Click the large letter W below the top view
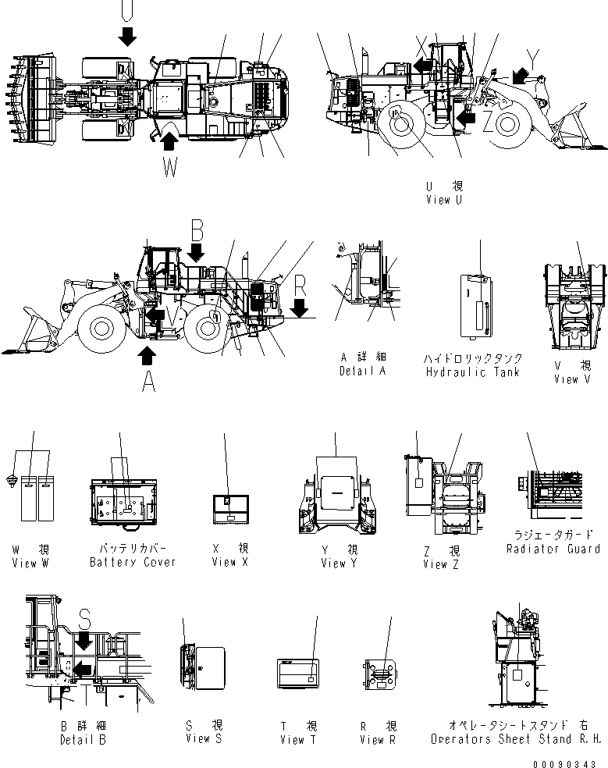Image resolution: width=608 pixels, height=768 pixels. tap(170, 166)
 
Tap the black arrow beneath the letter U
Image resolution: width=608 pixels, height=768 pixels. tap(127, 35)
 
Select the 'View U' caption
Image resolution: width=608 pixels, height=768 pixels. tap(444, 200)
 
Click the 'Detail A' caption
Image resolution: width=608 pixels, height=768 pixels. tap(362, 371)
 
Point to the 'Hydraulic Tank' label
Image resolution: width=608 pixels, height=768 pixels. tap(472, 372)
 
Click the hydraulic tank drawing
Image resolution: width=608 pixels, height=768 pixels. tap(475, 308)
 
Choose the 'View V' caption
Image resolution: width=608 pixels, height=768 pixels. tap(578, 379)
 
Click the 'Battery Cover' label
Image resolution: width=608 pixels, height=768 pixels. tap(133, 561)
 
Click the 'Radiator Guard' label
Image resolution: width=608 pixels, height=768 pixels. tap(553, 549)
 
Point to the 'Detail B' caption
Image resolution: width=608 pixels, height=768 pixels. tap(83, 739)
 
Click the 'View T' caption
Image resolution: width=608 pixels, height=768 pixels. tap(297, 739)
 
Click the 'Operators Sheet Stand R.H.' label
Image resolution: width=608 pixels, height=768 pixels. tap(515, 738)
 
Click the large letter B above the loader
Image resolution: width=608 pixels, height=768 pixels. tap(197, 229)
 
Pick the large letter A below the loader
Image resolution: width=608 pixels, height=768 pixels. tap(147, 382)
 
